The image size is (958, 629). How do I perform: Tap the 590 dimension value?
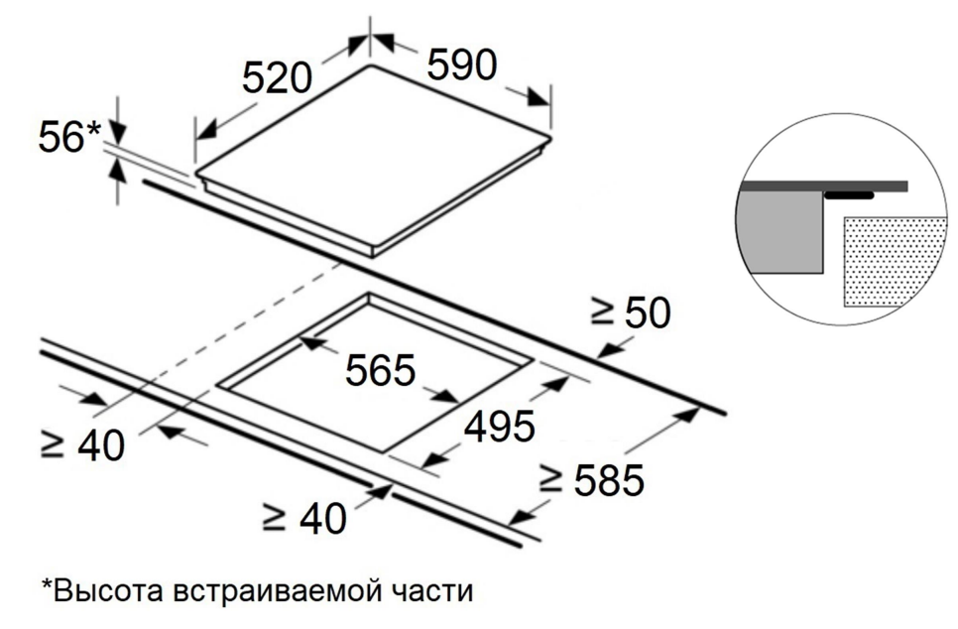[x=461, y=64]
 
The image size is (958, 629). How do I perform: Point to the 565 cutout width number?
[x=380, y=370]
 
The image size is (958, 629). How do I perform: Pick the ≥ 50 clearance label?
[x=631, y=313]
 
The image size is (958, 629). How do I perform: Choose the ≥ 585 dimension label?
[x=591, y=480]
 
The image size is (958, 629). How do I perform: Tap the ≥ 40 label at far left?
[x=83, y=446]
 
